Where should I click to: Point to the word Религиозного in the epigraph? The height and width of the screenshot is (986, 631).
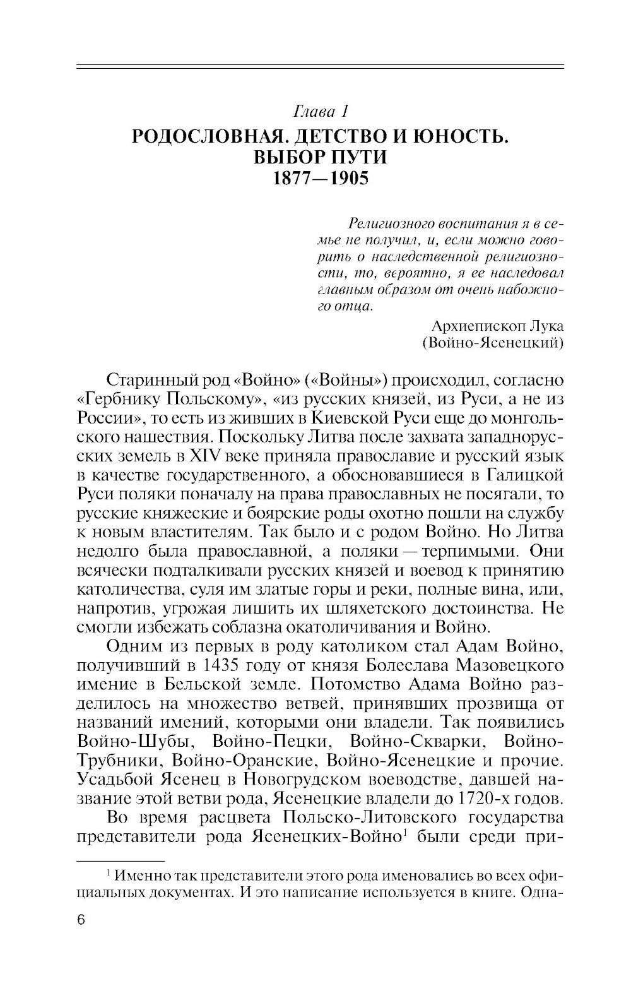point(389,224)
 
